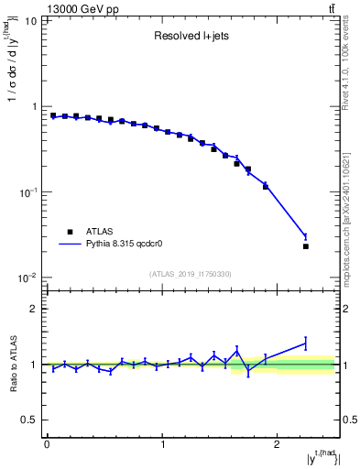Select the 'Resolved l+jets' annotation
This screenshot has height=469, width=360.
point(191,38)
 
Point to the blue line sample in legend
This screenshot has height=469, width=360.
point(70,245)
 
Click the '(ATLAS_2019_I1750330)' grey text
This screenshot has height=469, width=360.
point(191,274)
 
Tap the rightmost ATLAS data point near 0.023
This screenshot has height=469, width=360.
point(306,246)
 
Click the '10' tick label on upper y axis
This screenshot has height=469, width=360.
point(31,21)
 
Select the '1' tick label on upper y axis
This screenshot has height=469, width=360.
point(34,107)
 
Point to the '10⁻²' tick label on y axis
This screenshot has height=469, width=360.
point(27,278)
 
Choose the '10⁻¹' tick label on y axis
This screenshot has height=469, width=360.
point(27,192)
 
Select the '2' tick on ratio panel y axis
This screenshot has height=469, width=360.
point(34,309)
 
